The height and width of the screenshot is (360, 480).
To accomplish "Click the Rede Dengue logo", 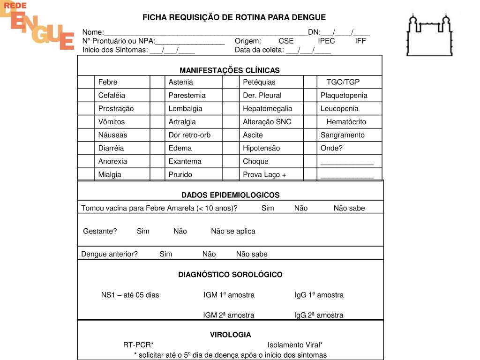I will tap(37, 26).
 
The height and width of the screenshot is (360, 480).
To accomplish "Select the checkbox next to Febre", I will tap(86, 82).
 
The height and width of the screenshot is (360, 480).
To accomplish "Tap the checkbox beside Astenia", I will tap(157, 82).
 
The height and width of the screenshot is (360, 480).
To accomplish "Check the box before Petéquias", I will tap(231, 82).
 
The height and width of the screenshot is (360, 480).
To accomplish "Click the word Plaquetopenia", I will tap(344, 95).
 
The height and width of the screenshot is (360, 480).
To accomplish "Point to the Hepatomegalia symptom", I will tap(267, 108).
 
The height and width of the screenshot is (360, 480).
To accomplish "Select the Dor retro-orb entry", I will tap(189, 135).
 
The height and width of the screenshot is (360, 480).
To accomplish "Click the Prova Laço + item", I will tap(264, 174).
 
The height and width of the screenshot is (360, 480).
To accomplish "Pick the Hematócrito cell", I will tap(346, 121).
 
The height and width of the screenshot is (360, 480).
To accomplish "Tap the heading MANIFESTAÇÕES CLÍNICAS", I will tap(229, 70).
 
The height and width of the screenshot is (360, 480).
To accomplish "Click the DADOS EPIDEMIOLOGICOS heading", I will tap(230, 195).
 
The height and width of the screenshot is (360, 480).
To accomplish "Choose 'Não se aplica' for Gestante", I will tap(233, 231).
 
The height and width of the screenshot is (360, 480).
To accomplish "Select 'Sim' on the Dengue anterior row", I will tap(165, 254).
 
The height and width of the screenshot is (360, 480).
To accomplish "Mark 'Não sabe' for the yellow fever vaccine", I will tap(349, 208).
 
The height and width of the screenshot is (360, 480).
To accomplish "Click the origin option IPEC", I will tap(326, 41).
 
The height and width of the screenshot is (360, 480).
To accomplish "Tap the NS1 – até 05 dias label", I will tap(130, 295).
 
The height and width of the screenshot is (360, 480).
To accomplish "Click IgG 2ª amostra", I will tap(318, 315).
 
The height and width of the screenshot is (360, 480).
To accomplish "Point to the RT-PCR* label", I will tap(138, 345).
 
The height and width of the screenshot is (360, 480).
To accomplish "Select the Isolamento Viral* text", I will tap(295, 345).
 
